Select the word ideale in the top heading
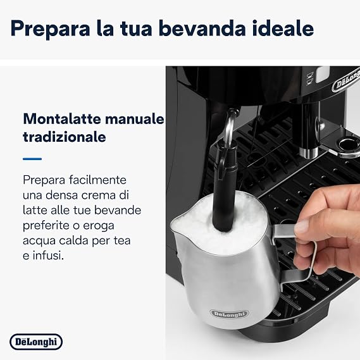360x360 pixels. (283, 28)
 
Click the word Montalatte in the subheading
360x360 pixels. (62, 119)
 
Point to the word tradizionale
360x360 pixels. (65, 137)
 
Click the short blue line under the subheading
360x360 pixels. (32, 159)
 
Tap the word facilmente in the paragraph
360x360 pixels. (97, 180)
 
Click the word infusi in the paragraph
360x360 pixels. (48, 256)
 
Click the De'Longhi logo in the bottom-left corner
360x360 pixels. (36, 342)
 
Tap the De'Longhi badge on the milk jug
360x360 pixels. (229, 314)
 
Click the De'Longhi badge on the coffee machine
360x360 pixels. (346, 82)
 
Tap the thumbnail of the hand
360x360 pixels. (302, 227)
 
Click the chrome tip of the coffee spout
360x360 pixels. (309, 152)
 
